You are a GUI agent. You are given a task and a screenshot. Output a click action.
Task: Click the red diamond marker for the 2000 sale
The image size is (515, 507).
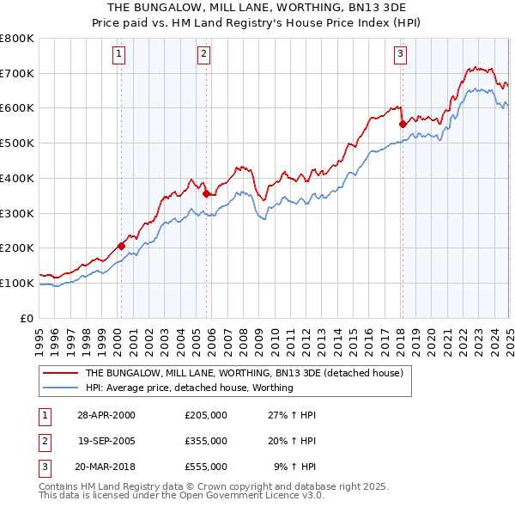(x=121, y=246)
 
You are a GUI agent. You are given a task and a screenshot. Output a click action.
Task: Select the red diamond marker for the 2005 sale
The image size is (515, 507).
(x=206, y=193)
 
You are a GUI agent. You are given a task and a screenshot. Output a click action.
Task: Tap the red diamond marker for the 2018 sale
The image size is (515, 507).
(x=402, y=124)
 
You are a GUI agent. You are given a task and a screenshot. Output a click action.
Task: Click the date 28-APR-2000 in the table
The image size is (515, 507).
(x=106, y=414)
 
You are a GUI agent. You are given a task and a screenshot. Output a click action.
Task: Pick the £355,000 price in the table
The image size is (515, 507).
(x=206, y=441)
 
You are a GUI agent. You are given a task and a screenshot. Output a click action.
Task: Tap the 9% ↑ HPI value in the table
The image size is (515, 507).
(x=295, y=467)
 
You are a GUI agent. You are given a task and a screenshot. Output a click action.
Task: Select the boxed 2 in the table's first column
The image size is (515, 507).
(x=44, y=441)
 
